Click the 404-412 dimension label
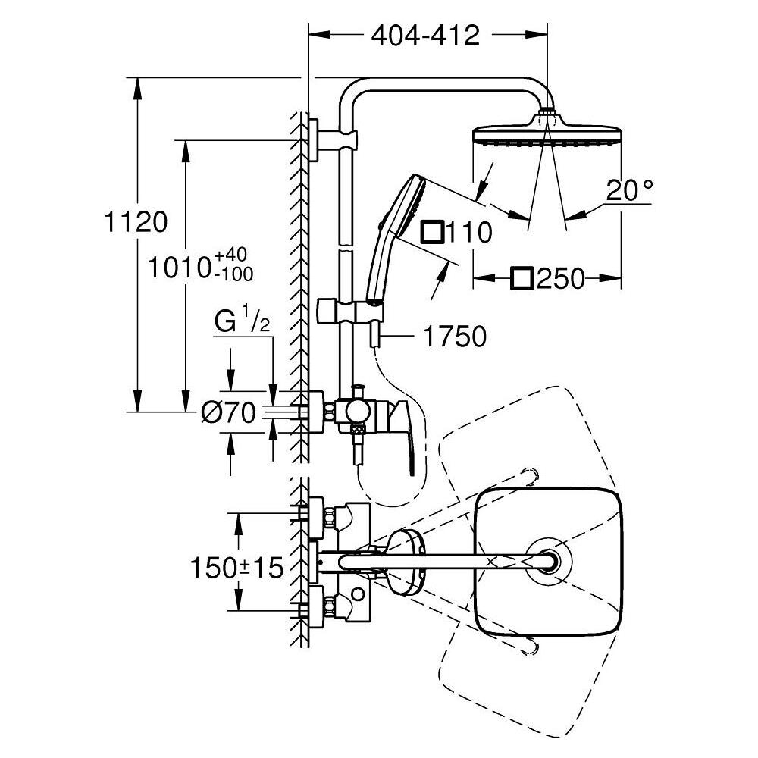(425, 36)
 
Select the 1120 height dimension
(136, 222)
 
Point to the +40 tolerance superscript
(232, 255)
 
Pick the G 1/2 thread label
(243, 322)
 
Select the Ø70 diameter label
(228, 413)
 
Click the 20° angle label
(629, 190)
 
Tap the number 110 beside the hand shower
(468, 232)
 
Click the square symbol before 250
(522, 279)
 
